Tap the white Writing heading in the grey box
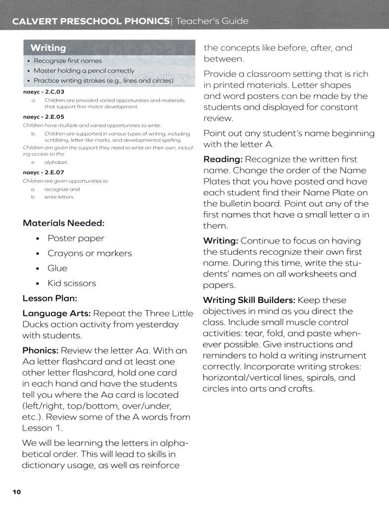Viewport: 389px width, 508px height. coord(48,48)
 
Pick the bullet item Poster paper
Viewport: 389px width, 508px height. coord(76,238)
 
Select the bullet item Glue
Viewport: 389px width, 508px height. coord(57,268)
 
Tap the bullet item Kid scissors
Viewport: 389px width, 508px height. coord(71,283)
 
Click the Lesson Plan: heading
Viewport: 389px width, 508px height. coord(50,298)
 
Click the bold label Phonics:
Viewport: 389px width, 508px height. coord(42,349)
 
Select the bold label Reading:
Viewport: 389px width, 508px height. coord(223,160)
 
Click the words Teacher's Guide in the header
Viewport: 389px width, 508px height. coord(215,22)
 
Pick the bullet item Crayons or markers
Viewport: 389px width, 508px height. coord(89,253)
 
